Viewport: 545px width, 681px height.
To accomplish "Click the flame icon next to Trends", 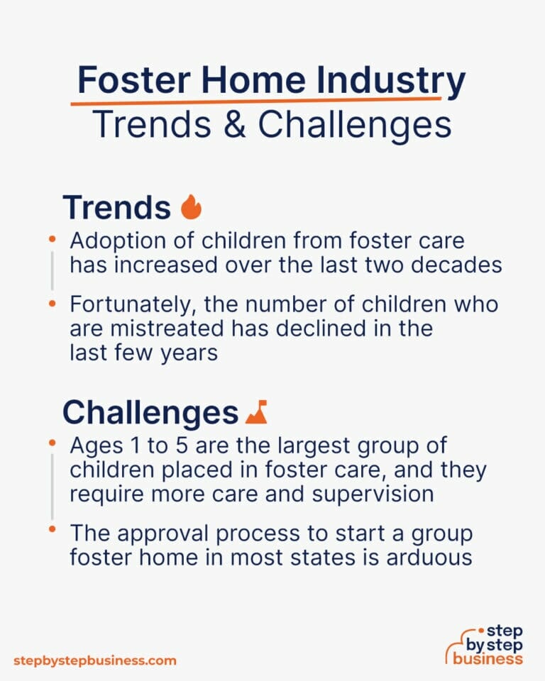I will click(191, 207).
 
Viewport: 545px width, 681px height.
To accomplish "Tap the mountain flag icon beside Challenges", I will click(256, 412).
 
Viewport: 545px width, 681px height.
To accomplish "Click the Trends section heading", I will click(116, 207).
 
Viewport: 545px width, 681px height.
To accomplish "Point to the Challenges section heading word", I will click(150, 412).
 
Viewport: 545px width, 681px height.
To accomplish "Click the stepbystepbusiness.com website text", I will click(94, 660).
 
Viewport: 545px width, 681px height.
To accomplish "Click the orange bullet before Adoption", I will click(52, 240).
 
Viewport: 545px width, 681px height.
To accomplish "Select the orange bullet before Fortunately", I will click(52, 304).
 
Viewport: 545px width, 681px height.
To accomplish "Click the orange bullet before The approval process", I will click(52, 531).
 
